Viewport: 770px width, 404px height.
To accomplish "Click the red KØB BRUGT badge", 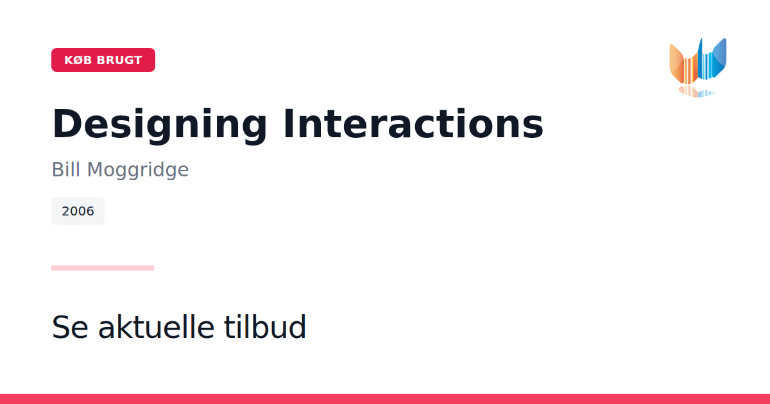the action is [103, 60].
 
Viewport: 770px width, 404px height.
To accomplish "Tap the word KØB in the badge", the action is [78, 60].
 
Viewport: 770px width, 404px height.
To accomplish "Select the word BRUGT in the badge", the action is [119, 60].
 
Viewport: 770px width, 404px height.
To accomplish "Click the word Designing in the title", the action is [160, 124].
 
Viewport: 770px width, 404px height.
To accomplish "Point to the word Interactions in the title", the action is [413, 124].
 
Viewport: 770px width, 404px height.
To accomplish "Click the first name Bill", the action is [67, 169].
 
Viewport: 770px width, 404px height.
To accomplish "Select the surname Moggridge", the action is [138, 170].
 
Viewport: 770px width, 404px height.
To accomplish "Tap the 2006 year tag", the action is [78, 211].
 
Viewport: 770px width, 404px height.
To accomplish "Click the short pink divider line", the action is [103, 268].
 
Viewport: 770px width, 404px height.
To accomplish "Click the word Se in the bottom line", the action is [70, 327].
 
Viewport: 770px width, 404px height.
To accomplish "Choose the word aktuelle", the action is [157, 326].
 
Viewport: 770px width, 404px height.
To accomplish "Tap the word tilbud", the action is [264, 326].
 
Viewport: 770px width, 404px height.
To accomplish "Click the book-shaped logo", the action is [698, 67].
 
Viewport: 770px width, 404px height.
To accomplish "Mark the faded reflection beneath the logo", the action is [696, 92].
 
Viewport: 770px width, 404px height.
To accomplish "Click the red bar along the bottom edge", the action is [385, 399].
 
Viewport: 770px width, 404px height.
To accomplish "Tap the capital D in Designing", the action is [67, 123].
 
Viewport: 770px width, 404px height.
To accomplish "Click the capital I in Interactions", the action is [288, 123].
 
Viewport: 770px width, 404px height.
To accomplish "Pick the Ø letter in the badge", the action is [78, 60].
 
